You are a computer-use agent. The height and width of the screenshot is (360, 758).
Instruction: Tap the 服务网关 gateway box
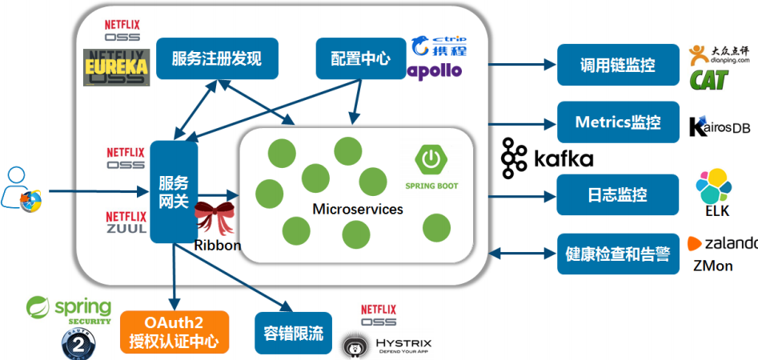tap(174, 192)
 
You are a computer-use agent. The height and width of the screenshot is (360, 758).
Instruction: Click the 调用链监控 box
tap(617, 65)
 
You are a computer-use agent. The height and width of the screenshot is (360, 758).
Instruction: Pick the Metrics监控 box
tap(617, 122)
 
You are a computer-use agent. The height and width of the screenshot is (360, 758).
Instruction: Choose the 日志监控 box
tap(617, 195)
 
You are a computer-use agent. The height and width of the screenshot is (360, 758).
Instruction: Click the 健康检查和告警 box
tap(617, 254)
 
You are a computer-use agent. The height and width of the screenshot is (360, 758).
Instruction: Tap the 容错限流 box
tap(293, 333)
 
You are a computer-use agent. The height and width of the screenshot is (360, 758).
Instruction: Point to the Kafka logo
tap(547, 158)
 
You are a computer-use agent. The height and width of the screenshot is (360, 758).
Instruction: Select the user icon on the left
tap(21, 190)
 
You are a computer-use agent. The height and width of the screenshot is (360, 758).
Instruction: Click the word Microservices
tap(357, 210)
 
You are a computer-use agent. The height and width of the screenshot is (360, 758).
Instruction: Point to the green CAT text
tap(712, 78)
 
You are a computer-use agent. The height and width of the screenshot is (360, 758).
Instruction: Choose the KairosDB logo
tap(719, 126)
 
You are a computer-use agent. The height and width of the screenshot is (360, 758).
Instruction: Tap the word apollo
tap(435, 70)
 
